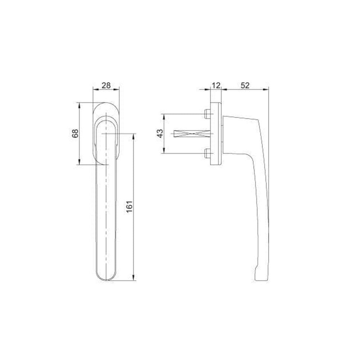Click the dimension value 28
pos(106,86)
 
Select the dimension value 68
pos(75,134)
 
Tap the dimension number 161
pos(130,207)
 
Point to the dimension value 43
pos(160,134)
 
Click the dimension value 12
pos(216,86)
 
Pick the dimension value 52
pos(245,86)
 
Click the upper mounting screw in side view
pos(207,114)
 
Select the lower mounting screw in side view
pos(207,153)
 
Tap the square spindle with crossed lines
pos(192,134)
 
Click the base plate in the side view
pos(216,134)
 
